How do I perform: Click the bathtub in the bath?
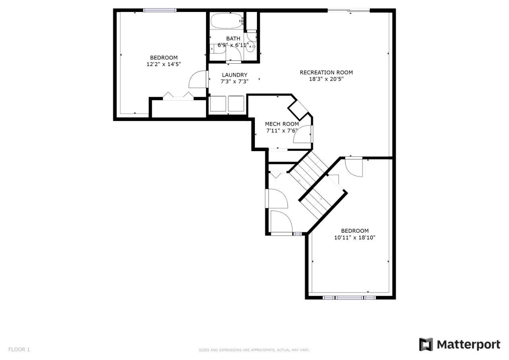(227, 21)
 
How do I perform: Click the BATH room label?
(233, 39)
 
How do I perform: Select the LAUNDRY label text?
(235, 75)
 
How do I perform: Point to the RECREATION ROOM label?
(326, 72)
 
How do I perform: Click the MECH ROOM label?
(282, 124)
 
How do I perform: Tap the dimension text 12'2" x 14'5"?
(163, 64)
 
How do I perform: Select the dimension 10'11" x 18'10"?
(355, 238)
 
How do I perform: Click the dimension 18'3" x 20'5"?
(326, 79)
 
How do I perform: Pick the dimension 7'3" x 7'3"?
(235, 82)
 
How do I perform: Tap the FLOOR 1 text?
(19, 349)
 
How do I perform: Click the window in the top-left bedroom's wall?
(160, 10)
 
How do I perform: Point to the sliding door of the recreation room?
(349, 10)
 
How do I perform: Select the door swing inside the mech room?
(302, 134)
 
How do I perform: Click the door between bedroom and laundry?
(198, 79)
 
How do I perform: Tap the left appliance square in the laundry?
(218, 104)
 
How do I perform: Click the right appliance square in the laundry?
(236, 104)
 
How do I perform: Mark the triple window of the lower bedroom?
(350, 298)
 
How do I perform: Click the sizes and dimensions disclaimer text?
(254, 350)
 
